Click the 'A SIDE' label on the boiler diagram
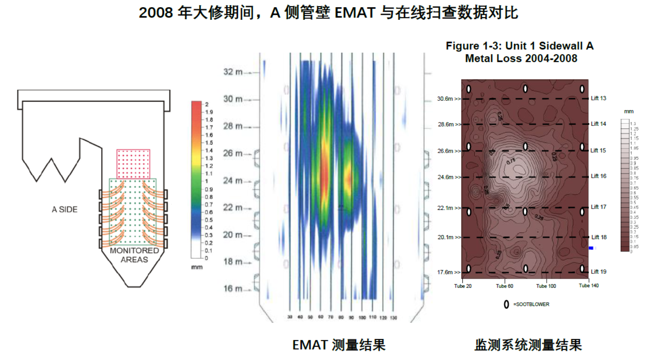(64, 209)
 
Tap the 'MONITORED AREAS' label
(134, 255)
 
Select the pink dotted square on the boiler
(133, 164)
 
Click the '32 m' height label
(233, 72)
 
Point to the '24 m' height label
(233, 181)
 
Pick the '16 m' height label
(233, 289)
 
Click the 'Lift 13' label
(598, 98)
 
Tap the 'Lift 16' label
(598, 176)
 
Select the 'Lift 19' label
(598, 272)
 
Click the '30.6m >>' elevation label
(449, 99)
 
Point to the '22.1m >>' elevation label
(449, 208)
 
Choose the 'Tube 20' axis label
(463, 286)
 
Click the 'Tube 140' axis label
(589, 286)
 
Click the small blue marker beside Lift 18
(591, 248)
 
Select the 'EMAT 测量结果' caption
(339, 345)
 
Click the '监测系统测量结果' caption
(528, 345)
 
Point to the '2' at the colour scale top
(206, 105)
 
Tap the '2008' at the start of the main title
(156, 13)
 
